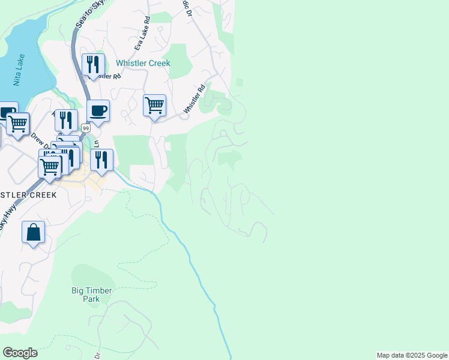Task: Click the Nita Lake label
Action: point(19,70)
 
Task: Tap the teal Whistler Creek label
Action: point(143,63)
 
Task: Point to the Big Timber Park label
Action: point(91,295)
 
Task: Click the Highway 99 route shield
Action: point(86,128)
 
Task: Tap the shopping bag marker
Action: point(34,232)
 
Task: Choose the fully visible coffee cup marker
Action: point(98,110)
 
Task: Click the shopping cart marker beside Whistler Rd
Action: point(154,106)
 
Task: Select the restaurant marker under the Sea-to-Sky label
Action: point(93,64)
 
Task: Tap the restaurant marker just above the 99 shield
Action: point(67,119)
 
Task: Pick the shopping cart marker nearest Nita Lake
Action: point(18,124)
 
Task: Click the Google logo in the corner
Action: point(20,353)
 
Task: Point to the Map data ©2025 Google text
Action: point(412,355)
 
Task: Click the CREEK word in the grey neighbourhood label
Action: point(40,195)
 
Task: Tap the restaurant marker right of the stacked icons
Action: point(101,160)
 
